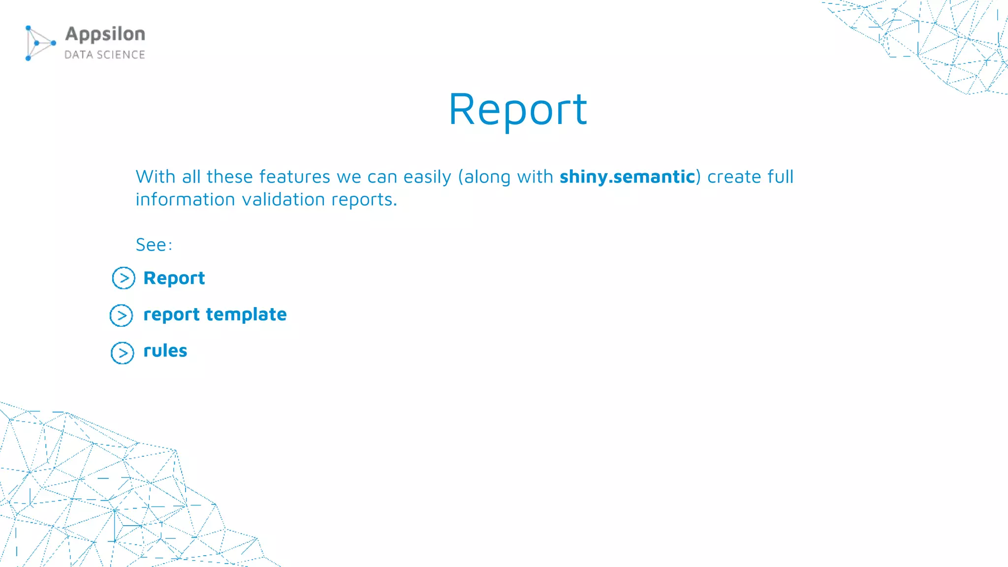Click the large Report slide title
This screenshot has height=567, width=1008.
pos(518,110)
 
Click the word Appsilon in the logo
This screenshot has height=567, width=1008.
pos(105,34)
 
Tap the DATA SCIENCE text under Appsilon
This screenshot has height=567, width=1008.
pos(104,55)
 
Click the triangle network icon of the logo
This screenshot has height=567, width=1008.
pos(39,43)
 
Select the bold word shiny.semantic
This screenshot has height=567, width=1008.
pos(627,177)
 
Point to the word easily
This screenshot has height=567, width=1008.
pos(427,177)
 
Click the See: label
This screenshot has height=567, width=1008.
pos(154,245)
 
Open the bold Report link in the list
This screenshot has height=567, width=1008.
pos(174,278)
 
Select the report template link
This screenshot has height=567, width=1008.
pos(215,315)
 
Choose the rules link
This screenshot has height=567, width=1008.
pos(165,351)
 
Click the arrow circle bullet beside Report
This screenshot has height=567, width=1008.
pos(123,278)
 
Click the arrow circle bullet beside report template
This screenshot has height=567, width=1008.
pos(121,315)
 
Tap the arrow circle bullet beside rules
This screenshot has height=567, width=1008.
pos(122,353)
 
